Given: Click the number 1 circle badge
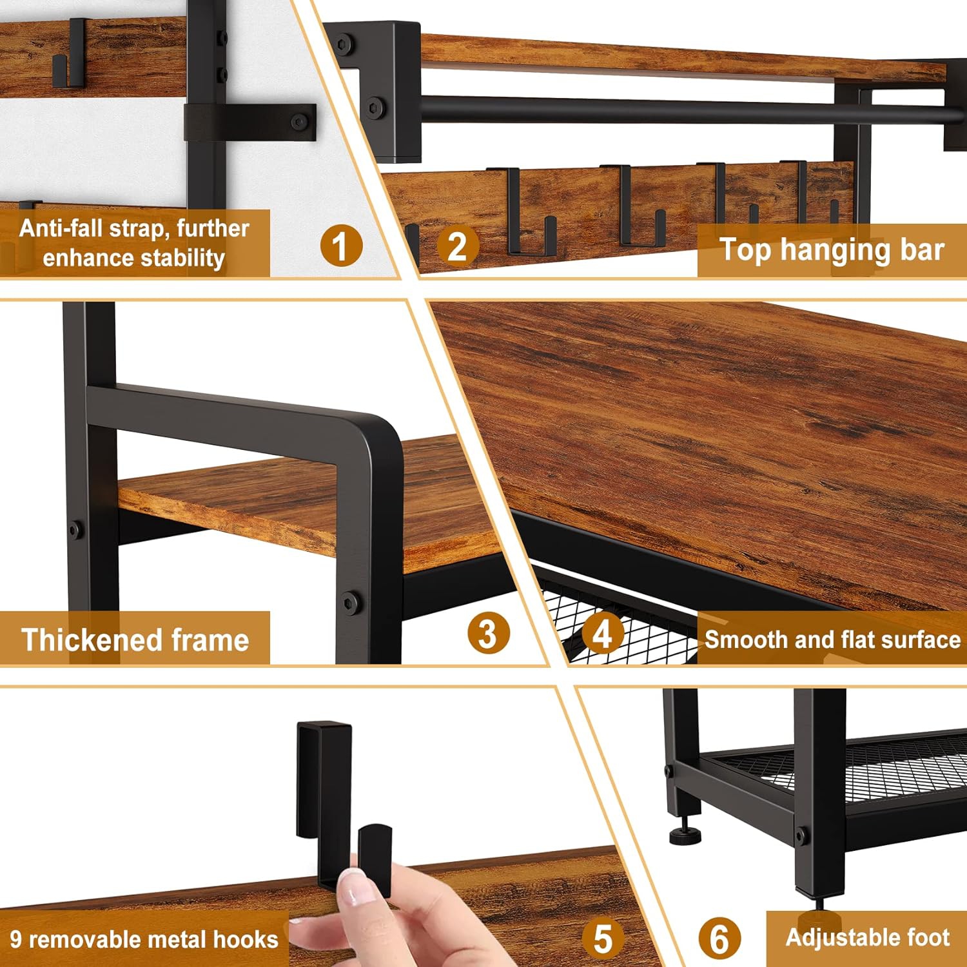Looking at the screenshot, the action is click(341, 246).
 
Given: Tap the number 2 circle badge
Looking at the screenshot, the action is click(457, 246).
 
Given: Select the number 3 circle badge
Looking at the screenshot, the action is click(488, 633).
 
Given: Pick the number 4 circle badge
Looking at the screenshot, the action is click(602, 633).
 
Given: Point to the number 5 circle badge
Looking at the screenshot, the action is click(603, 938).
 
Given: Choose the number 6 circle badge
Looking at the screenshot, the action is click(719, 938).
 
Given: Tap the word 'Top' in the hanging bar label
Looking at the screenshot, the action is click(745, 251).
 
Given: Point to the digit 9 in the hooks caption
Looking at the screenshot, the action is click(16, 939).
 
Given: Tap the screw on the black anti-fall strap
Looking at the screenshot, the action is click(298, 121).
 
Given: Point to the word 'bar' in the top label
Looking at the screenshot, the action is click(923, 250).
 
